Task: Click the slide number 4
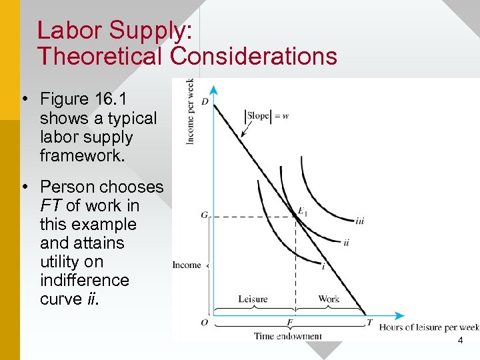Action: click(x=460, y=341)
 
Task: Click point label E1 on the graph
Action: click(x=302, y=212)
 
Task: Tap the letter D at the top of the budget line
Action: click(x=205, y=101)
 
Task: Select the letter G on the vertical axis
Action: click(x=204, y=215)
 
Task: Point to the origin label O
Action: click(x=204, y=323)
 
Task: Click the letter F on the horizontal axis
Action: click(x=290, y=323)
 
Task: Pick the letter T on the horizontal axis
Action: click(x=369, y=323)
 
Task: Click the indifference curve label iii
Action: click(x=360, y=221)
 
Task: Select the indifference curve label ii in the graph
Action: click(x=346, y=243)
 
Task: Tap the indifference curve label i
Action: click(x=323, y=267)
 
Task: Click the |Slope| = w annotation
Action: click(x=267, y=115)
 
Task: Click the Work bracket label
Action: click(x=329, y=299)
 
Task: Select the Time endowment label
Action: click(x=287, y=336)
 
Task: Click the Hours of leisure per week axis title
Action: click(x=429, y=327)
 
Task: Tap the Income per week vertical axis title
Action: click(x=190, y=111)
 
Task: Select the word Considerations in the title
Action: click(x=253, y=56)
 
